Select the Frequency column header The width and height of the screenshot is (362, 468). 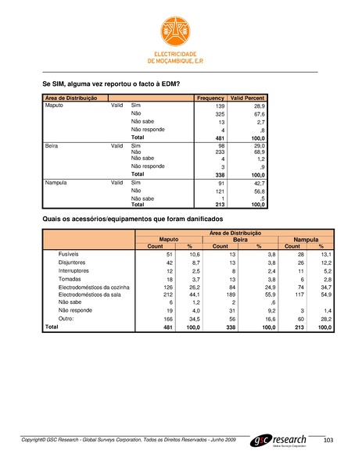coord(210,98)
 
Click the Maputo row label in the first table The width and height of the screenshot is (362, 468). coord(55,105)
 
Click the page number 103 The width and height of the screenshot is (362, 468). coord(328,442)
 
